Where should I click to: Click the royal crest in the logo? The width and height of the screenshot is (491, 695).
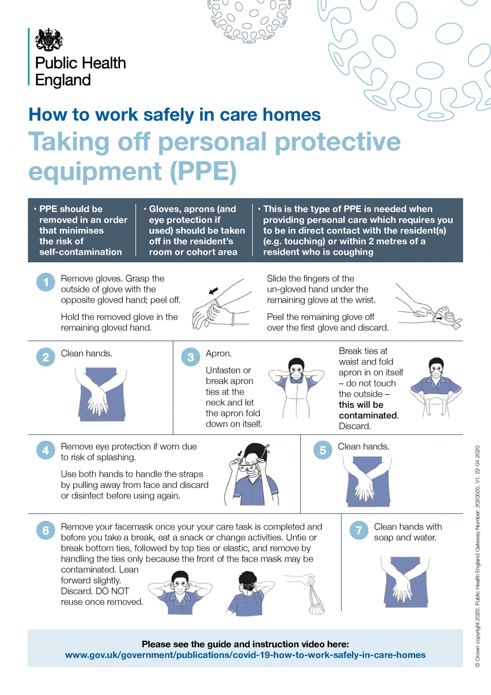tap(49, 40)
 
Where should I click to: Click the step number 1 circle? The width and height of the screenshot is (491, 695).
tap(45, 282)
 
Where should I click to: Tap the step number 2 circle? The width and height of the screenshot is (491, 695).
tap(45, 357)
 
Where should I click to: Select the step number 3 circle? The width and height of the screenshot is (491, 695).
tap(190, 357)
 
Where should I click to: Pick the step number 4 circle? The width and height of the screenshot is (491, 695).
tap(45, 450)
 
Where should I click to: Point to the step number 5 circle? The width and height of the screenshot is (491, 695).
tap(323, 450)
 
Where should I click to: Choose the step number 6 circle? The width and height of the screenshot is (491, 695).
tap(45, 531)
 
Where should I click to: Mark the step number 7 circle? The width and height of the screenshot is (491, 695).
tap(359, 531)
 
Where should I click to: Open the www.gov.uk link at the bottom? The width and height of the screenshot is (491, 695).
tap(245, 655)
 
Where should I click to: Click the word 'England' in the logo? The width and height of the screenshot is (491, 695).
tap(63, 80)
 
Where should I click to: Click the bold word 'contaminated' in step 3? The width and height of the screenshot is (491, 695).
tap(368, 416)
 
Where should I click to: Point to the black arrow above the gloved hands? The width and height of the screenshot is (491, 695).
tap(214, 291)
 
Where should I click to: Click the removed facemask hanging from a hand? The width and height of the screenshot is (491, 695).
tap(317, 602)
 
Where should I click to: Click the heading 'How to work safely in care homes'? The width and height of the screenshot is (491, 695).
tap(175, 115)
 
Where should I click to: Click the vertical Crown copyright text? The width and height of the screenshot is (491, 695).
tap(478, 556)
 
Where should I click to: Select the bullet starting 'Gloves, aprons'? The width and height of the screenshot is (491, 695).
tap(195, 230)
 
